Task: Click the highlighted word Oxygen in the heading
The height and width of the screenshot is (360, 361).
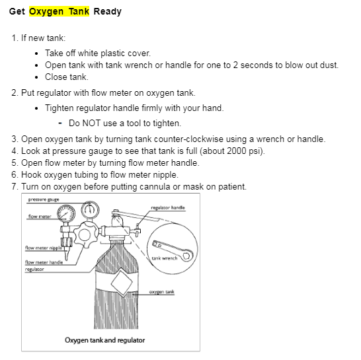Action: click(46, 11)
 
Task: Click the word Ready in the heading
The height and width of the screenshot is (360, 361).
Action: click(108, 11)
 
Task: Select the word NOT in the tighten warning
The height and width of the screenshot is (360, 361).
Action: click(91, 124)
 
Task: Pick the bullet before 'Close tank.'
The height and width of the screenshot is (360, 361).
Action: click(36, 77)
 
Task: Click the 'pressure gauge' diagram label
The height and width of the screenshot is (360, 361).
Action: click(44, 199)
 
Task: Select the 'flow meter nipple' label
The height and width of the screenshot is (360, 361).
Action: click(44, 248)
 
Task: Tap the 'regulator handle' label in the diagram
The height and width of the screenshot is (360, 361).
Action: click(168, 207)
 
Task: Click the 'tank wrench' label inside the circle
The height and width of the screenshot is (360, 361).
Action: click(165, 258)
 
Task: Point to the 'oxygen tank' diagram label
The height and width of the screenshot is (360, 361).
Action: click(161, 292)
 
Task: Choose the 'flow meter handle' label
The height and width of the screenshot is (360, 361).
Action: click(44, 262)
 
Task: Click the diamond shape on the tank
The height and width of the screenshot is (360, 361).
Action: click(122, 283)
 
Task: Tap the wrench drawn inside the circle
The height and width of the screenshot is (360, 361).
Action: click(173, 251)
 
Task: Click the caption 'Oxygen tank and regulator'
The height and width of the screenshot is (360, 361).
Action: click(104, 340)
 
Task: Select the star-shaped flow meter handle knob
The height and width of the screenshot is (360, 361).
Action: click(85, 235)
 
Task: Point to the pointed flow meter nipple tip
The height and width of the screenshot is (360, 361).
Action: click(67, 260)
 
